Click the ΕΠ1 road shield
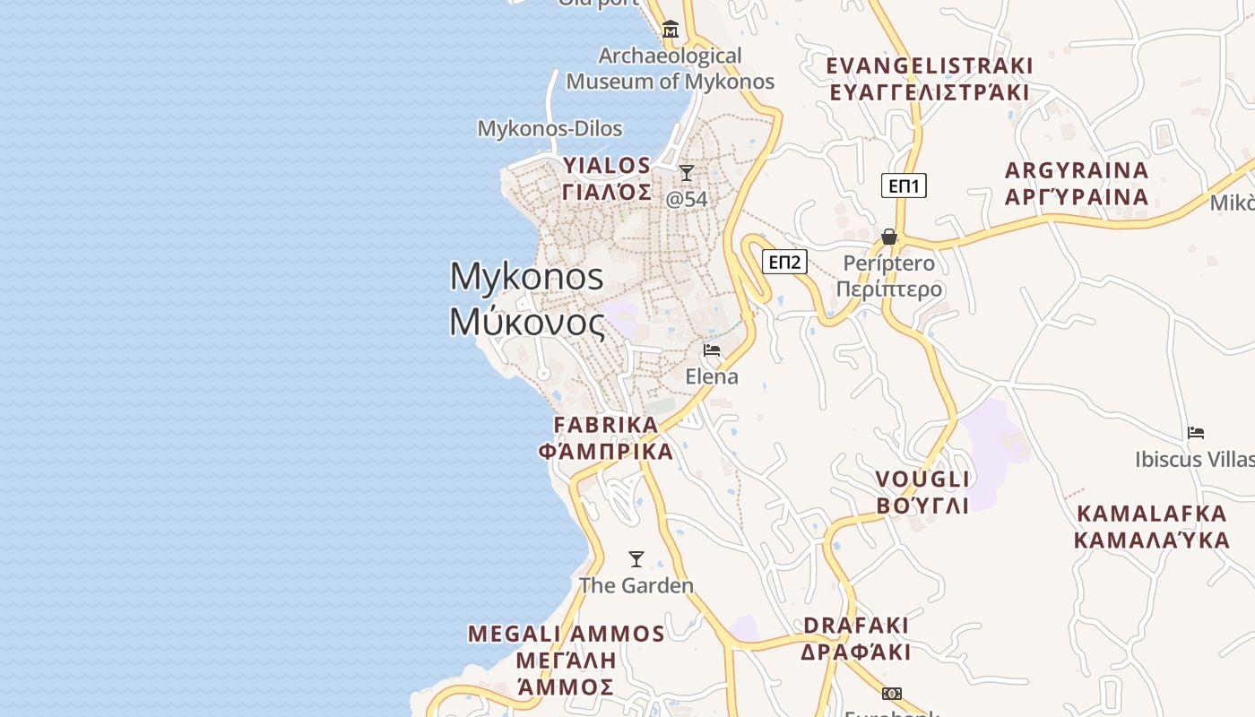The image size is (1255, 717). [904, 186]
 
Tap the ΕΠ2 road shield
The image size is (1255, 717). [784, 262]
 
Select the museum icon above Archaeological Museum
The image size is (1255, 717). [670, 30]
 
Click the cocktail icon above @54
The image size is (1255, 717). [687, 172]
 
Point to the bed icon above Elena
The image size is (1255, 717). [712, 350]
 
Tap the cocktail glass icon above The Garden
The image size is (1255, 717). [636, 559]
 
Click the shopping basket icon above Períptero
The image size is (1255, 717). [889, 237]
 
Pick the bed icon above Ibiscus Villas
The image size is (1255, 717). [1196, 432]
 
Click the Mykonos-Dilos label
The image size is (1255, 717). [550, 128]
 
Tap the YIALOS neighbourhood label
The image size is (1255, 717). [607, 178]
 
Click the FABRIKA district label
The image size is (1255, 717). [606, 437]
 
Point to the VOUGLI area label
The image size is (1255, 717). [922, 491]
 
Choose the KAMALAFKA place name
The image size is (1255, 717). [1152, 526]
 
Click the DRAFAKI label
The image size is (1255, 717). [856, 638]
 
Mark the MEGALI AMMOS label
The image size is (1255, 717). [567, 660]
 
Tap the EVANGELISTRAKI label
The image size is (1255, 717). [930, 79]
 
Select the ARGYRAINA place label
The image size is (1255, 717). [1077, 183]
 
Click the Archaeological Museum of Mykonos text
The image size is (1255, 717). [671, 68]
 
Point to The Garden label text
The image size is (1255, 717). [636, 585]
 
